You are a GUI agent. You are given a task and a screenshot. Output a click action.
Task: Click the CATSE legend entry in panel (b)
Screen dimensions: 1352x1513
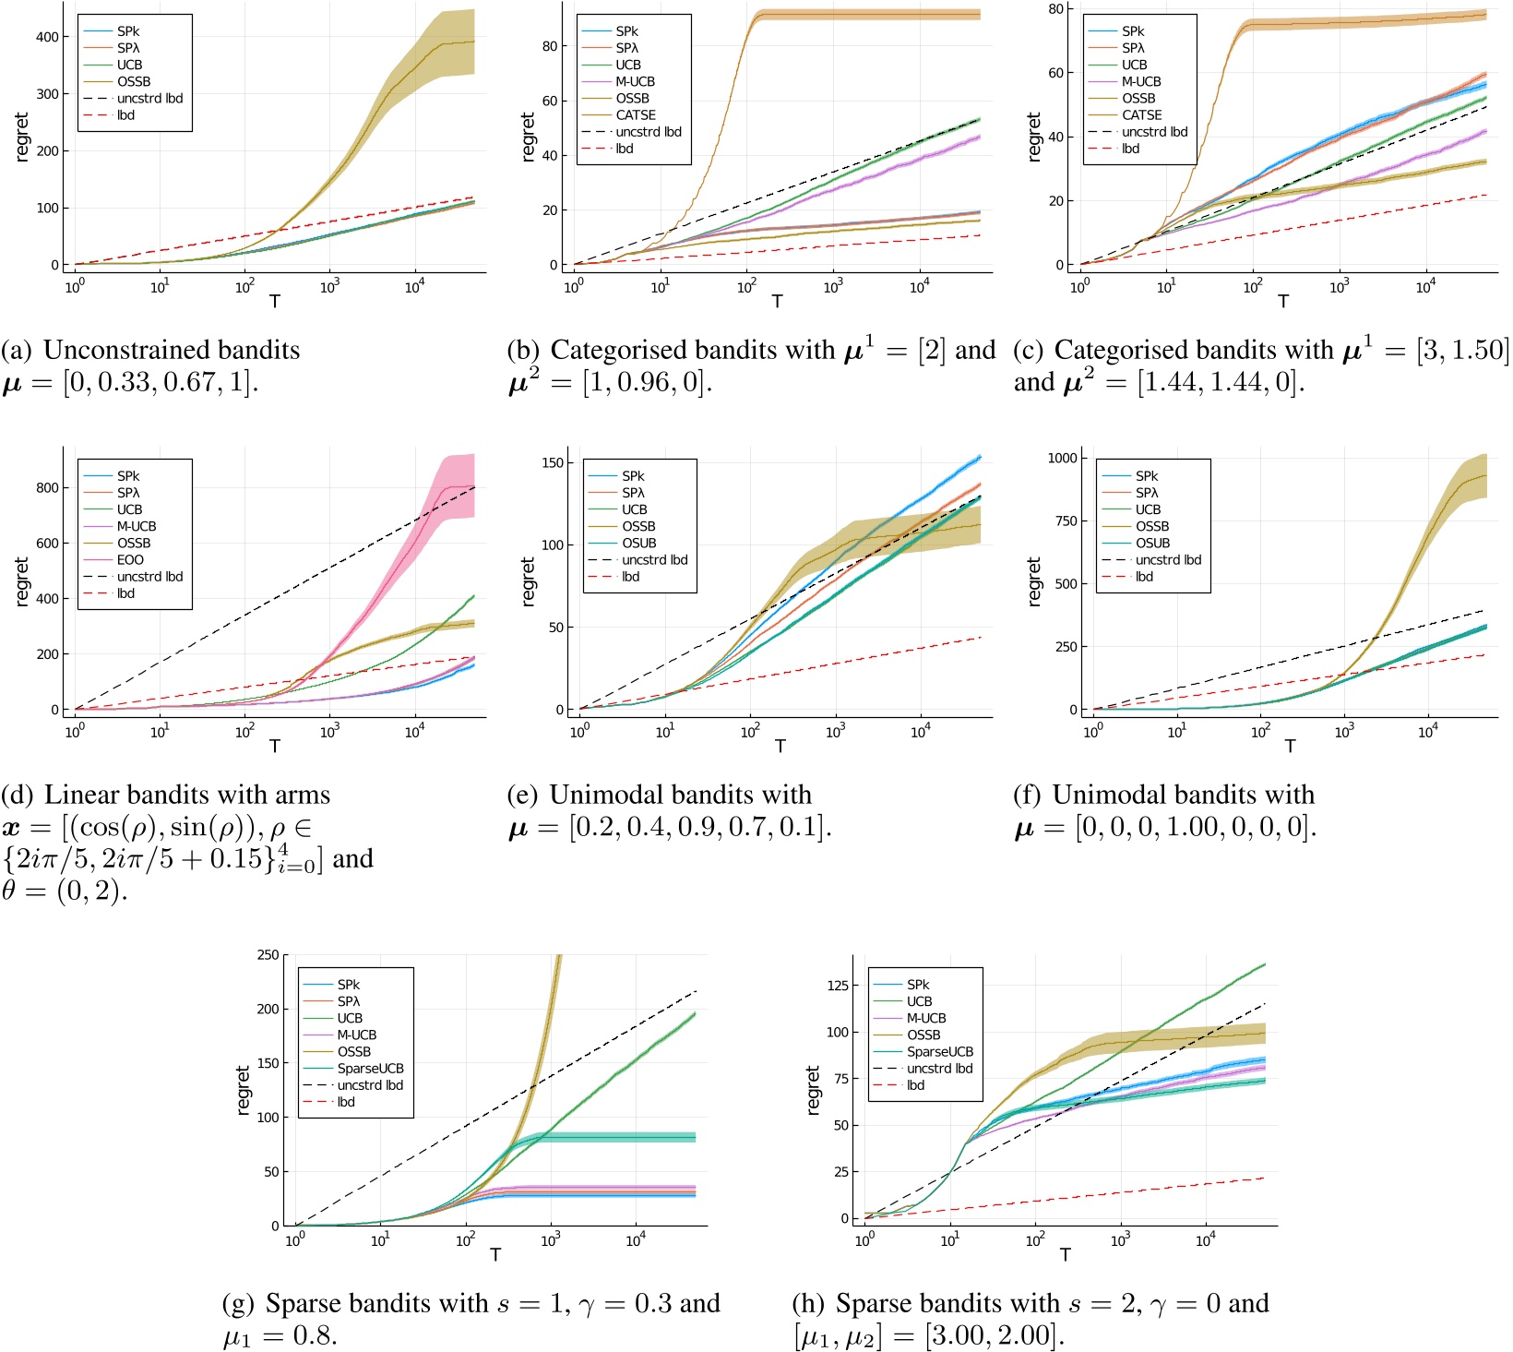pos(636,115)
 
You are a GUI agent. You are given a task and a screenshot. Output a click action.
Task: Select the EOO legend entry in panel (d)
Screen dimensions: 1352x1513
pos(130,560)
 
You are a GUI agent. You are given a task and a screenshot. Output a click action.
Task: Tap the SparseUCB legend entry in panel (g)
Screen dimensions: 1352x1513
pos(370,1069)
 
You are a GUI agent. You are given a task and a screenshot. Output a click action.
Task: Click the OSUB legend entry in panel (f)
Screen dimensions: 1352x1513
pos(1152,544)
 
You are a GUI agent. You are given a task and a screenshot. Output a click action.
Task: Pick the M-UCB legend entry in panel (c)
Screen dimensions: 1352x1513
pos(1141,82)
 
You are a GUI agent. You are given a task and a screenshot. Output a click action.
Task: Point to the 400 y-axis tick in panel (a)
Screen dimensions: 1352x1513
pos(47,37)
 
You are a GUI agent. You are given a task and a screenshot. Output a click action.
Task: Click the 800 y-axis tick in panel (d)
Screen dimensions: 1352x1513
pos(47,488)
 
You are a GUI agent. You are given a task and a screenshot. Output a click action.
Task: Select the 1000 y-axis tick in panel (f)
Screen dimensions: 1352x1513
pos(1062,458)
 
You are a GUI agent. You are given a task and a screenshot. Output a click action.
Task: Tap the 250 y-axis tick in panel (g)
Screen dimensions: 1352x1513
pos(268,955)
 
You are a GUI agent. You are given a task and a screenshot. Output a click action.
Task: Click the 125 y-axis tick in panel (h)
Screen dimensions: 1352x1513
pos(837,986)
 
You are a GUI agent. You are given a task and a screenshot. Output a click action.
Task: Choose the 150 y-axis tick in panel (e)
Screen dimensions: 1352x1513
pos(554,462)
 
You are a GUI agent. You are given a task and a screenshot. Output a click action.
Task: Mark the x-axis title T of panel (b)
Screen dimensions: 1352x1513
pos(777,302)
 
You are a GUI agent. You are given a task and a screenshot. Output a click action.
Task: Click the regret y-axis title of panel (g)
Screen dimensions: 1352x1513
pos(244,1090)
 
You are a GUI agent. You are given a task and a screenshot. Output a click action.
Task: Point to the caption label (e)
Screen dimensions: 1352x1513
pos(523,795)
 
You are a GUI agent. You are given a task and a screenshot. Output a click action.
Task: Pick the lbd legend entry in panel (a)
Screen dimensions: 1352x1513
pos(125,115)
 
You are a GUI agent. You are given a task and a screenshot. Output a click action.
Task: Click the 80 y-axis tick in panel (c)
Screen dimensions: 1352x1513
pos(1055,9)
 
